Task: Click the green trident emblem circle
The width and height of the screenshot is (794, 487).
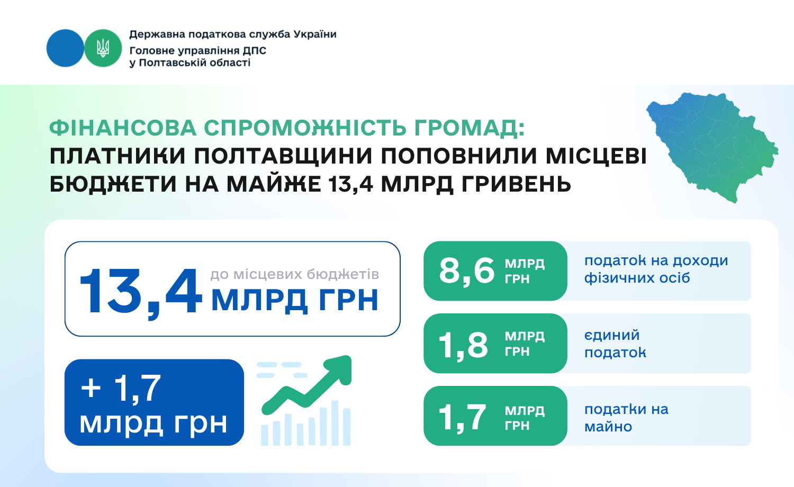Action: (103, 48)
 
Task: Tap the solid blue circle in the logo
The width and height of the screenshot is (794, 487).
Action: (65, 48)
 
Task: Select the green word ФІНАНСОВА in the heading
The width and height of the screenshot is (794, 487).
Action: (123, 128)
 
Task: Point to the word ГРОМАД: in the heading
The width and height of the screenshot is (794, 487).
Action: (470, 129)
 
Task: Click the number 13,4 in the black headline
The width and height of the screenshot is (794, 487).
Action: (351, 185)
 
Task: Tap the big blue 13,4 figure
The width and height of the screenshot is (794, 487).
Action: (141, 291)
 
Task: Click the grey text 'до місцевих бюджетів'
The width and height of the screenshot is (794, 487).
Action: (294, 274)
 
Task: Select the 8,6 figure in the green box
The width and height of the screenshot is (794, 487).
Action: (466, 271)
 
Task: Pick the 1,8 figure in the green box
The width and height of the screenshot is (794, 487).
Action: (463, 345)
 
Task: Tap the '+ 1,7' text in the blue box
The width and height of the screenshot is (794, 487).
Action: (121, 389)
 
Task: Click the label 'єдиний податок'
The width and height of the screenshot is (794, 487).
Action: (615, 344)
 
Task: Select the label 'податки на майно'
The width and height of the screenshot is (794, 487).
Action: (626, 418)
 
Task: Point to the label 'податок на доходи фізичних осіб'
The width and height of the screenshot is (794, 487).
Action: (656, 269)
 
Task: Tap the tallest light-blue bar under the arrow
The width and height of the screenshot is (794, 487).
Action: (335, 423)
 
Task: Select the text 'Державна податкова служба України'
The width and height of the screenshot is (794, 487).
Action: (233, 34)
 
